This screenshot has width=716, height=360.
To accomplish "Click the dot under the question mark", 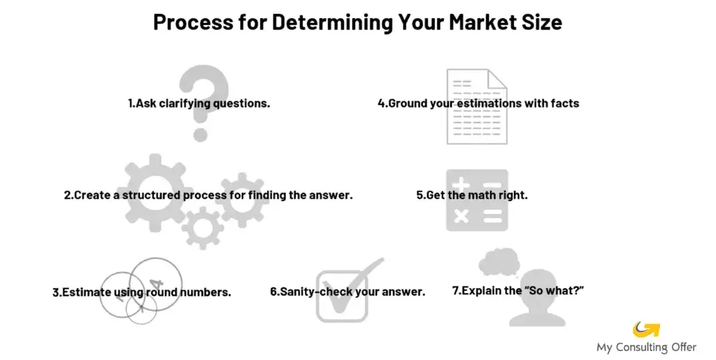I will point(201,133).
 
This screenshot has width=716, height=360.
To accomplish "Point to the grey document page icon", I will point(477,106).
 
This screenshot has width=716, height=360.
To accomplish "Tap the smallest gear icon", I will point(203,228).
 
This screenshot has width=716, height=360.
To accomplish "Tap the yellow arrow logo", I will point(646,329).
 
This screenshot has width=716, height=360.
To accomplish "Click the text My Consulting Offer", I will point(646,347).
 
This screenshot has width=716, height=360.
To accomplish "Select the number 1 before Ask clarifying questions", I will point(131,103).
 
